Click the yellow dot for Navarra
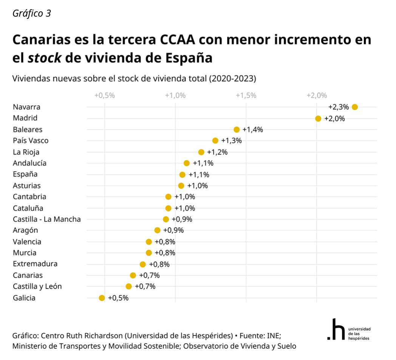354,107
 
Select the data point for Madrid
318,118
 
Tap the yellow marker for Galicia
102,298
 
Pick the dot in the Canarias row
133,275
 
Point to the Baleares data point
237,130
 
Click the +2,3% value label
338,107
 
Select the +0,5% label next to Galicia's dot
118,298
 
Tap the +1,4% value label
252,130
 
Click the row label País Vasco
31,141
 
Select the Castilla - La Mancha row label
47,219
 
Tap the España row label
25,174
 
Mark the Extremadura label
35,264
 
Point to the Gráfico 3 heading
32,14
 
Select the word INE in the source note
273,336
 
